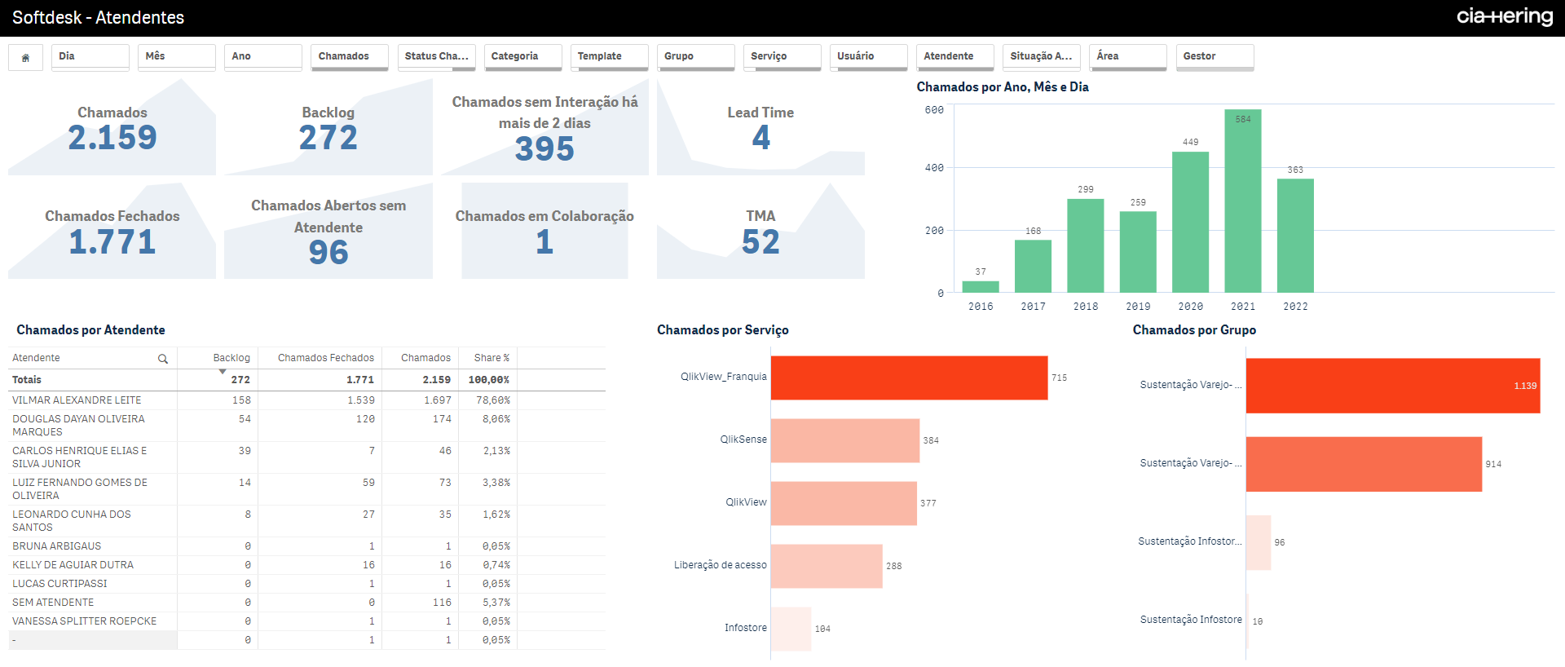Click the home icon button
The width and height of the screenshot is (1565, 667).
point(25,57)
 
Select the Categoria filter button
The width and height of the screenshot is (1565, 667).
point(522,56)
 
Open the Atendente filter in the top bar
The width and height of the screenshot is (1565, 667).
point(954,56)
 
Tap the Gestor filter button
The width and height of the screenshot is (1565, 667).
point(1214,56)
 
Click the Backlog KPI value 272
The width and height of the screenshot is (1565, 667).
point(328,138)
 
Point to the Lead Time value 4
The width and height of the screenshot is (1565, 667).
point(760,138)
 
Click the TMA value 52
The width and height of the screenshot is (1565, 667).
point(760,242)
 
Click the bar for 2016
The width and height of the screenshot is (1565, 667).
point(980,286)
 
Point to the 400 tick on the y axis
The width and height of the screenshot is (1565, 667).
point(934,168)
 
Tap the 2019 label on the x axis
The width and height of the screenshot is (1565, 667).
point(1138,307)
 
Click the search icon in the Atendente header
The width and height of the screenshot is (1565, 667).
point(163,359)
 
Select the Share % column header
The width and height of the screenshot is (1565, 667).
point(492,358)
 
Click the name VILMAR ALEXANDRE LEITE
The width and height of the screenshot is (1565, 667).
point(77,400)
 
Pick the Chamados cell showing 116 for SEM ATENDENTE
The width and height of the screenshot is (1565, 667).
point(442,603)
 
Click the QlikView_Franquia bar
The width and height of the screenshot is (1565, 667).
point(909,378)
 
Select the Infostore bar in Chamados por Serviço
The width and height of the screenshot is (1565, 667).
point(791,629)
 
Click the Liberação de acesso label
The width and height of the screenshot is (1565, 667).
point(720,565)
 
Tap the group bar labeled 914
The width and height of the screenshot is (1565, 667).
point(1363,464)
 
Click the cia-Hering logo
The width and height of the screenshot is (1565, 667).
point(1505,17)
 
